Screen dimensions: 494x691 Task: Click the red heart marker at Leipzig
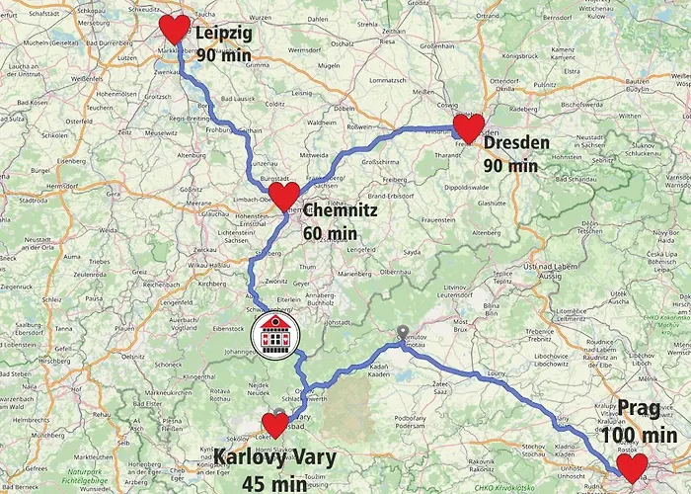click(x=174, y=30)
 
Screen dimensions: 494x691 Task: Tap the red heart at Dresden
click(x=468, y=128)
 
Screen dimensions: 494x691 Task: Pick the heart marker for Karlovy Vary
click(x=274, y=426)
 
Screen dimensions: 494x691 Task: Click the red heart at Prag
click(x=629, y=467)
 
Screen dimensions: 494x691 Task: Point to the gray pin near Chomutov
click(x=401, y=333)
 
